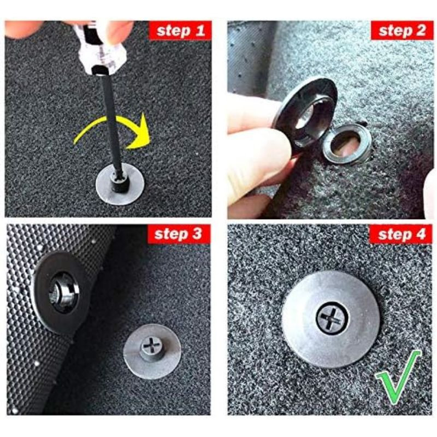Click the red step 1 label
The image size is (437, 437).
tap(180, 31)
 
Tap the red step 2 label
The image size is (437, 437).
tap(401, 30)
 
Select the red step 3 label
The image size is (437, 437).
tap(179, 234)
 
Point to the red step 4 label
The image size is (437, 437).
tap(401, 234)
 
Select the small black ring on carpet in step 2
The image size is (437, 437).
tap(347, 144)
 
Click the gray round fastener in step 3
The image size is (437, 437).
tap(152, 351)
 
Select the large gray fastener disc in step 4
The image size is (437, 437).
tap(331, 319)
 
